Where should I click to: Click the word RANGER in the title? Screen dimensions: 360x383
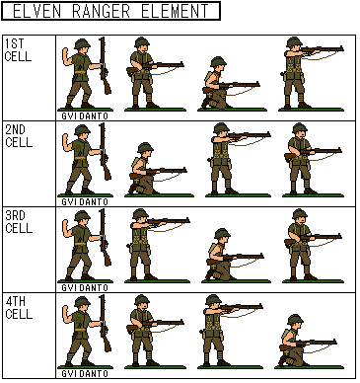(101, 11)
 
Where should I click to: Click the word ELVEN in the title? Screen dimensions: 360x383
(37, 11)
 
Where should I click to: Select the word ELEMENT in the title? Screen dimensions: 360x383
(175, 11)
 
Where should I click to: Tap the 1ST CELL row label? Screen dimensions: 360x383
(18, 50)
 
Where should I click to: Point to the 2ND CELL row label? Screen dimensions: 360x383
(19, 136)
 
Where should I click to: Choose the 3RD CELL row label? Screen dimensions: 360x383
(19, 222)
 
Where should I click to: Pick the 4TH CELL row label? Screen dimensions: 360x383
(19, 308)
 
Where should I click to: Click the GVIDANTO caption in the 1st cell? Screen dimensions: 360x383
(85, 116)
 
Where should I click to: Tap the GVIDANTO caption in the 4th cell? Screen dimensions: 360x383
(85, 374)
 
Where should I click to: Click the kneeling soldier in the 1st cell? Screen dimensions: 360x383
(227, 84)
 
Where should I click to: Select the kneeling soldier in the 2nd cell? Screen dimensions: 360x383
(155, 170)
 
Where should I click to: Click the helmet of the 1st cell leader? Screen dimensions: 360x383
(82, 43)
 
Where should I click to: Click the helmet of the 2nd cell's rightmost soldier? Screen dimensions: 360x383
(300, 128)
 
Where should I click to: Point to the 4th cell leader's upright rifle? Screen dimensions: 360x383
(105, 323)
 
